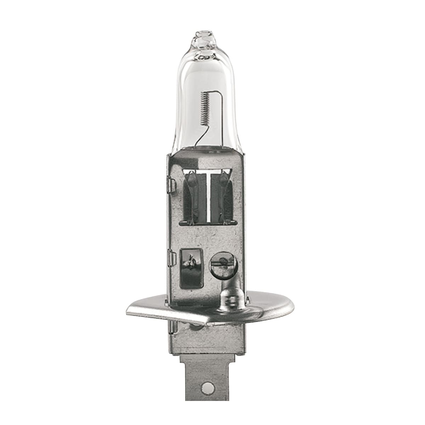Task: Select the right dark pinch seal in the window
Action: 225,197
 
